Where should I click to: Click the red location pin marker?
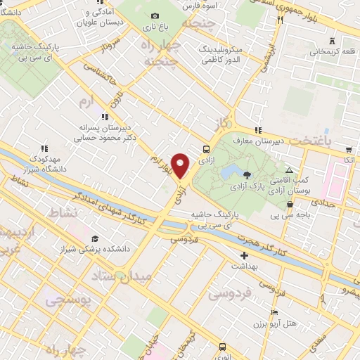pyautogui.click(x=181, y=165)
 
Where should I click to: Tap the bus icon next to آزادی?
pyautogui.click(x=206, y=149)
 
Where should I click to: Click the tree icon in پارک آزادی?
pyautogui.click(x=246, y=174)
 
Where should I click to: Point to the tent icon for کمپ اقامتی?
pyautogui.click(x=290, y=171)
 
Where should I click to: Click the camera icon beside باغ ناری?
pyautogui.click(x=155, y=16)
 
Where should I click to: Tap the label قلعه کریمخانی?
pyautogui.click(x=328, y=51)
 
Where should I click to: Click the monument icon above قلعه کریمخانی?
pyautogui.click(x=331, y=40)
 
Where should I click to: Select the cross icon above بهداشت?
pyautogui.click(x=244, y=255)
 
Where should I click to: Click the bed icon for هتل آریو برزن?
pyautogui.click(x=274, y=311)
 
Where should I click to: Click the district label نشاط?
pyautogui.click(x=60, y=211)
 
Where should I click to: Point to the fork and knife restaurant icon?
pyautogui.click(x=280, y=20)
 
